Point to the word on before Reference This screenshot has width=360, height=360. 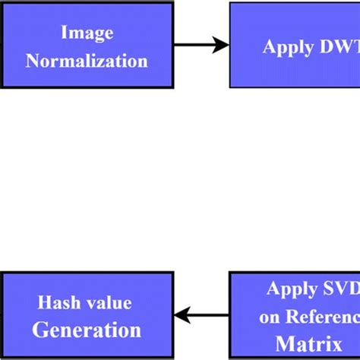270,317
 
